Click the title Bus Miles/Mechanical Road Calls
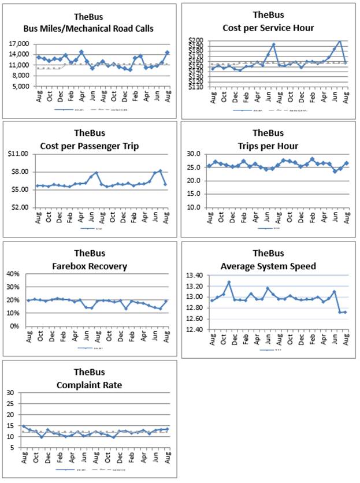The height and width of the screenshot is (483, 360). [88, 28]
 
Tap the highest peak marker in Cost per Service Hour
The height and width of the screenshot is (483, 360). [340, 42]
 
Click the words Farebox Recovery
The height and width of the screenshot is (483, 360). [88, 266]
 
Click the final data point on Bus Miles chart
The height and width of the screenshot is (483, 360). [167, 53]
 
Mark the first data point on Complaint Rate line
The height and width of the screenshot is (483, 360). [24, 426]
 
